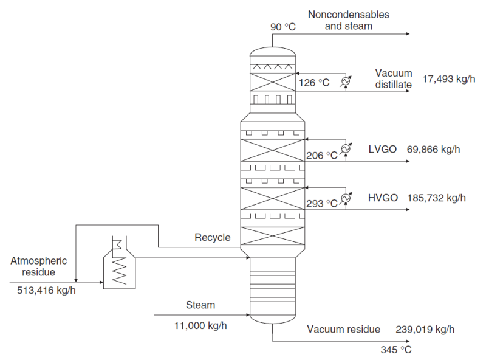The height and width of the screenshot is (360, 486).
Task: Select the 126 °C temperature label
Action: click(313, 83)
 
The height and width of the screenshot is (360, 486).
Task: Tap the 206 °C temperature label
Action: click(322, 155)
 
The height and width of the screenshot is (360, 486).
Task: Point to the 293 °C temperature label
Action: click(322, 204)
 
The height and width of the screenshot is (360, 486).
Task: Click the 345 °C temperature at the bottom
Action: click(396, 350)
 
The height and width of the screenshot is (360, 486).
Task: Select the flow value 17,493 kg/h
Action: click(447, 79)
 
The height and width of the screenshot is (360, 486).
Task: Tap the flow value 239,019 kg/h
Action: click(425, 330)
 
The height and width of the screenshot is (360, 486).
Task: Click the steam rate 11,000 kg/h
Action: click(200, 325)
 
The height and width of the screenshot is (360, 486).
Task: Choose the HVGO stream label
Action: click(383, 198)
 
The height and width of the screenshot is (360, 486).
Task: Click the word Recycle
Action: click(212, 237)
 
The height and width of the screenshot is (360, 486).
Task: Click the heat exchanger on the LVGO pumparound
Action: click(346, 148)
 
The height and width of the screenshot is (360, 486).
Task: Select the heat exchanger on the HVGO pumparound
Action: click(346, 198)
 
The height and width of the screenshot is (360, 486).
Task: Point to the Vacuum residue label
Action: click(343, 330)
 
